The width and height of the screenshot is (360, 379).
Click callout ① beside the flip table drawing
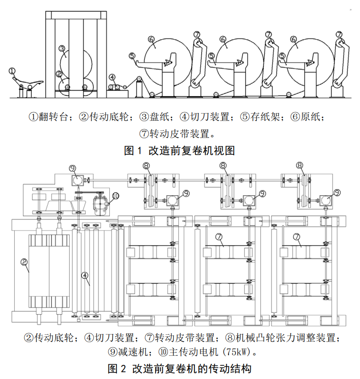[12, 71]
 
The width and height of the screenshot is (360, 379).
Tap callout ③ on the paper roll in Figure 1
[62, 48]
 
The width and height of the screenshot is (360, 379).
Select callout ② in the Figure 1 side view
[59, 74]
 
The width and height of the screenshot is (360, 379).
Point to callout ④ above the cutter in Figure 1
[112, 77]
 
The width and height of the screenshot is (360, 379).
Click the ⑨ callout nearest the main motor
[72, 167]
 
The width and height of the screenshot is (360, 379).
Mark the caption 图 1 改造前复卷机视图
[180, 150]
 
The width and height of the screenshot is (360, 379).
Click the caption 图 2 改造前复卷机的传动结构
[180, 368]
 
